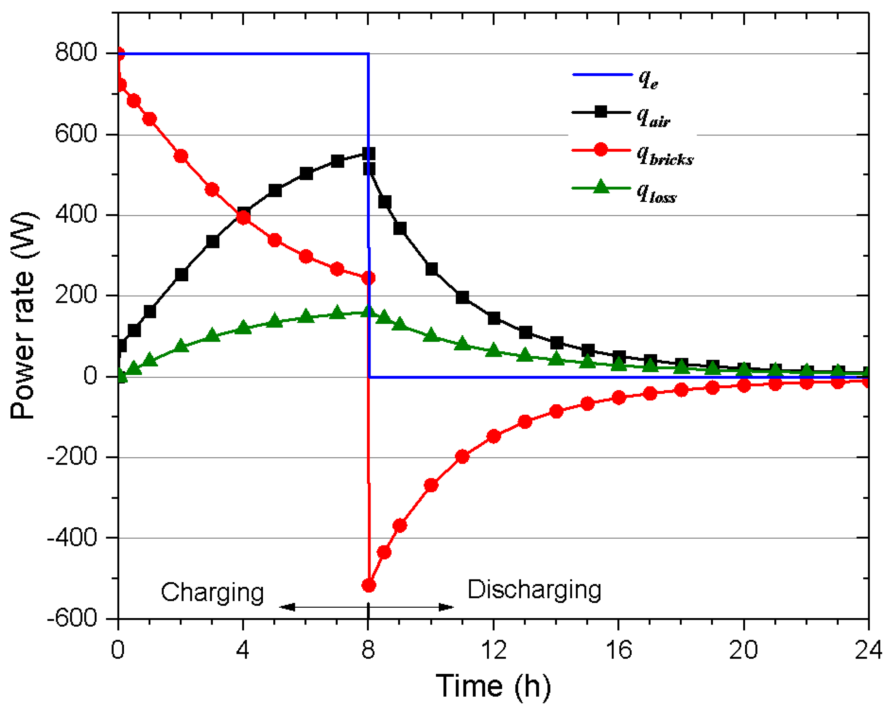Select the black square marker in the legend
[601, 112]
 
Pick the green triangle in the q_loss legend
[601, 187]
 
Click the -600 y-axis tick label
[72, 619]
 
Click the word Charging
[212, 593]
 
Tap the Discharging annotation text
[534, 590]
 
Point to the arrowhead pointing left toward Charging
[287, 607]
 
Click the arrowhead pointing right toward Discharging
[446, 607]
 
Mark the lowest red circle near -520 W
[368, 585]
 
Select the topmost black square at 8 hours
[369, 154]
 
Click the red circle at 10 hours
[431, 485]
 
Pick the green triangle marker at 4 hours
[243, 327]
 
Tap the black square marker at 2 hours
[182, 275]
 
